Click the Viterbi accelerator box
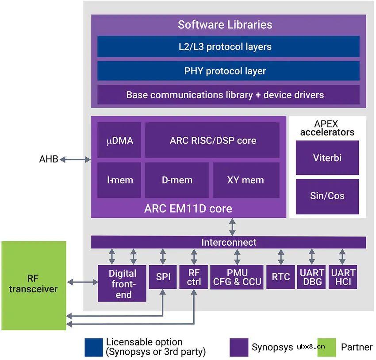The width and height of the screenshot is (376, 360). point(327,158)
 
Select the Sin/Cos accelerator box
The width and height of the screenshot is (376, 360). point(327,196)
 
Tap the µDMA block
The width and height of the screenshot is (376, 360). point(119,141)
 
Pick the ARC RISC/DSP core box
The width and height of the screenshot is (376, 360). point(212,141)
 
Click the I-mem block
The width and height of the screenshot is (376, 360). point(119,180)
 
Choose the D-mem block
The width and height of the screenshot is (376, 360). point(176,180)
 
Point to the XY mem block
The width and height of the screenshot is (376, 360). point(246,180)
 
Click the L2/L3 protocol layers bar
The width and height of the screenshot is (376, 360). point(228,47)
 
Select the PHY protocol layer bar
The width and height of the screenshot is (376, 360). point(228,71)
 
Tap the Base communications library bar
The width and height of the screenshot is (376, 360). point(228,95)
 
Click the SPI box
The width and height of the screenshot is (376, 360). point(163,277)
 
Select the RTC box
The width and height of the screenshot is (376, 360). point(280,277)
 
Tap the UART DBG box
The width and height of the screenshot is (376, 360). point(311,278)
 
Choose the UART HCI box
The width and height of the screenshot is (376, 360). point(342,278)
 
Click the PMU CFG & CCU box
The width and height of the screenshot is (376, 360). point(237,277)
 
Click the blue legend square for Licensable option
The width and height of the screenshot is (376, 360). point(93,347)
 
